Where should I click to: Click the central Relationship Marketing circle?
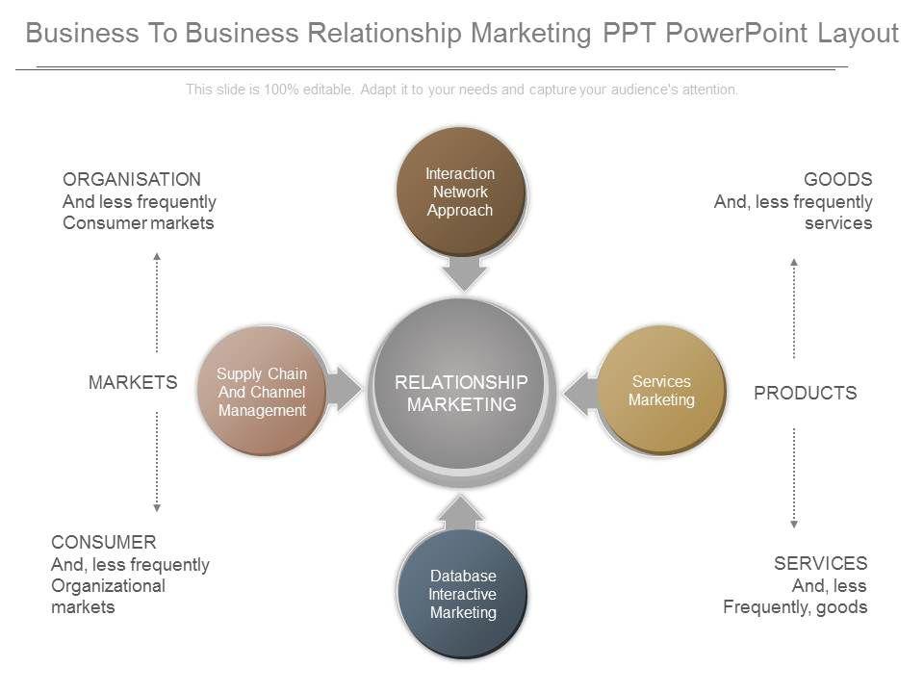(x=461, y=390)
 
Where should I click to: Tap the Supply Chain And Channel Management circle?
(x=262, y=391)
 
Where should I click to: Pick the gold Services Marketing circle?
(x=661, y=390)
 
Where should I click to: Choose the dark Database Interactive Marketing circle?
(x=462, y=595)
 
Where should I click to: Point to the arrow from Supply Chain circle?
(x=342, y=390)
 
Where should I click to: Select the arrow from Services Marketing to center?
(x=579, y=393)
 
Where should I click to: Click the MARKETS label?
(x=133, y=382)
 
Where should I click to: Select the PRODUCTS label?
(x=805, y=393)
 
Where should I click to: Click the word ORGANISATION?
(x=132, y=179)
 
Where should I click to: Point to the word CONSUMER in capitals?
(x=104, y=542)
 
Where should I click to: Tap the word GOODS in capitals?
(x=837, y=179)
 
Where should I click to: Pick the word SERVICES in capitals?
(x=820, y=563)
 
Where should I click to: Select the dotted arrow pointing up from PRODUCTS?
(x=794, y=307)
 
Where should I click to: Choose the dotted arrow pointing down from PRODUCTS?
(x=794, y=477)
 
